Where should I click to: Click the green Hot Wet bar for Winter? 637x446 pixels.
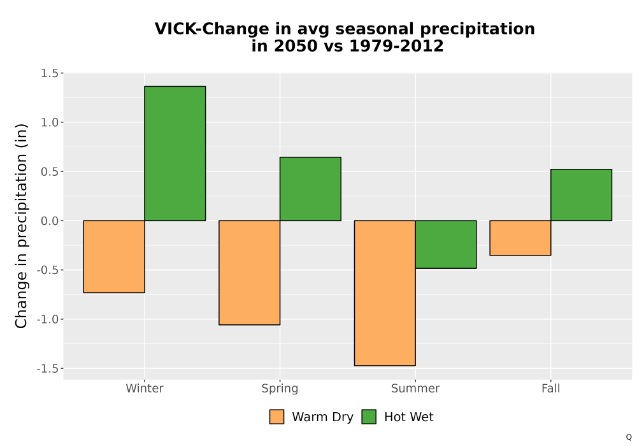175,154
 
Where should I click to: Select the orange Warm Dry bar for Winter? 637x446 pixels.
114,257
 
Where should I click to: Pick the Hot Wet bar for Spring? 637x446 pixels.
310,189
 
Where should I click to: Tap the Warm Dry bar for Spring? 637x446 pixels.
250,273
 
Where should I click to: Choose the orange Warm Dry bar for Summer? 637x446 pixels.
385,293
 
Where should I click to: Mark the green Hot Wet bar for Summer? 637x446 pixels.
446,245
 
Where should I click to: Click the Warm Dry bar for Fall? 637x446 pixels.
520,238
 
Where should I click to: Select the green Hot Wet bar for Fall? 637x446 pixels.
582,195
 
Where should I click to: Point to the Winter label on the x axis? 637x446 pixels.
145,388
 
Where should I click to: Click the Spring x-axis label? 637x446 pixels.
280,389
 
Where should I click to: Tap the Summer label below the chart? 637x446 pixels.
415,388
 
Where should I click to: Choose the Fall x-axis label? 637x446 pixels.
551,388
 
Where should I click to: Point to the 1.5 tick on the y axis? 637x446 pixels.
50,73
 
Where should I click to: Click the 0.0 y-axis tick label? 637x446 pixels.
50,221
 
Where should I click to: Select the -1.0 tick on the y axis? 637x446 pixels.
48,319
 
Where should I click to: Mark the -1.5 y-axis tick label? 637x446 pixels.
48,368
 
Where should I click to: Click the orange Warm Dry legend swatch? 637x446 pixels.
276,417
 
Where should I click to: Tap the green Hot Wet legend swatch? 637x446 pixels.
369,417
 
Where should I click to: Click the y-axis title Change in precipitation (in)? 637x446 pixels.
21,226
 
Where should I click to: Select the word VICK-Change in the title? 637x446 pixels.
212,29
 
